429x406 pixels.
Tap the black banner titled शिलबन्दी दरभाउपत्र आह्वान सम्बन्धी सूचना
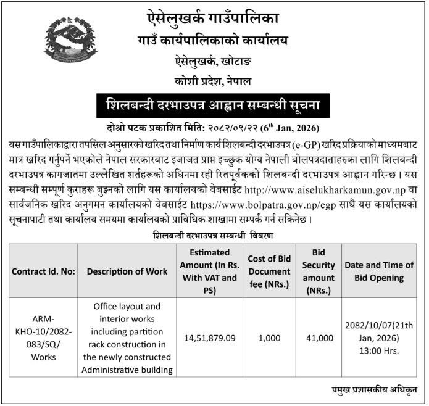click(213, 104)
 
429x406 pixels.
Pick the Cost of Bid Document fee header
click(270, 271)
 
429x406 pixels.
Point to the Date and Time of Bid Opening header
click(379, 271)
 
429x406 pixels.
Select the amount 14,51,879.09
click(210, 338)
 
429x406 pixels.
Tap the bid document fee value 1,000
click(270, 338)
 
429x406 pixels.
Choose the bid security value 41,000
click(319, 338)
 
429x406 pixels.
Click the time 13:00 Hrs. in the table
click(379, 351)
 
